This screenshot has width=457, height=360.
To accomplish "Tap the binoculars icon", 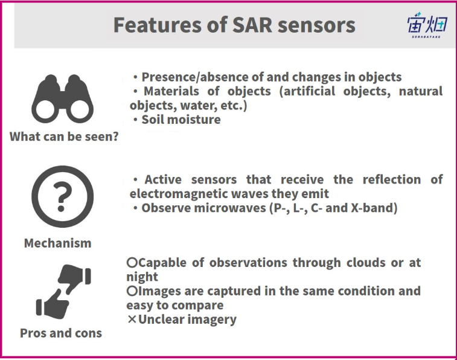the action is coord(62,98).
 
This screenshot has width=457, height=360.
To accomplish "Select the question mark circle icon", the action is coord(62,196).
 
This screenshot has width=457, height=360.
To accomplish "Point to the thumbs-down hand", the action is coord(75,278).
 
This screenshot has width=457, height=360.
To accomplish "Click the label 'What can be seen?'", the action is coord(64,137).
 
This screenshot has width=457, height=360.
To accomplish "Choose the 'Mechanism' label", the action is coord(58,243).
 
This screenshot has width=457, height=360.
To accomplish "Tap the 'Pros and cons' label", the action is coord(61,333).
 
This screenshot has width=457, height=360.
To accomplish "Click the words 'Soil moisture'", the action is coord(181,120).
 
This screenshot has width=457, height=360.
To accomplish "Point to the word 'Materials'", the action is coord(171,91).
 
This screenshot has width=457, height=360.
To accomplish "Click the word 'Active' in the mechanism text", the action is coord(163,179).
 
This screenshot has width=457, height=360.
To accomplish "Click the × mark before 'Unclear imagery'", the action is coord(132,320).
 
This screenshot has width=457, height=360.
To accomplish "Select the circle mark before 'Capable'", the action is coord(132,263).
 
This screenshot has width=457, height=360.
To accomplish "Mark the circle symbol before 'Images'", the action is coord(132,291).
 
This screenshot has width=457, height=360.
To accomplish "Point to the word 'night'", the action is coord(142,277).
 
